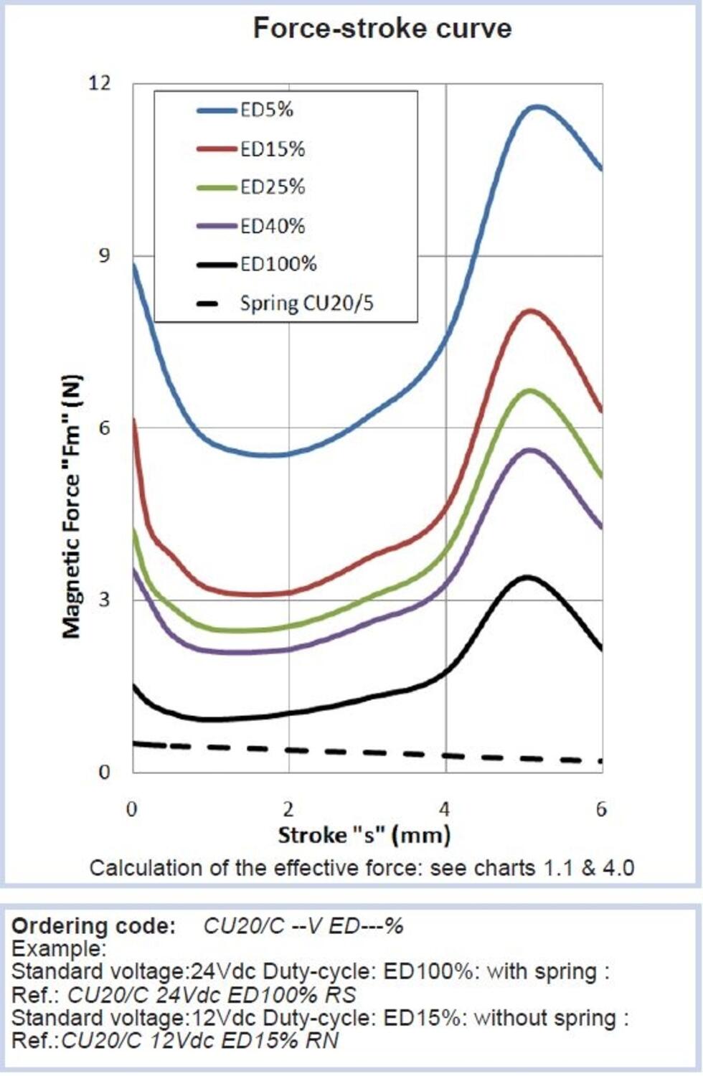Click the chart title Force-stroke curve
pyautogui.click(x=382, y=28)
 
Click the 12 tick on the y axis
pyautogui.click(x=100, y=83)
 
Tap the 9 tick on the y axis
pyautogui.click(x=105, y=255)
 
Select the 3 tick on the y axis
pyautogui.click(x=105, y=599)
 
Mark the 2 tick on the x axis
pyautogui.click(x=288, y=809)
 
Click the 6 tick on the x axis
pyautogui.click(x=601, y=809)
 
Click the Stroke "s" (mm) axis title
pyautogui.click(x=364, y=835)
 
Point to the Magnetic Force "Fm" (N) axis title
pyautogui.click(x=72, y=506)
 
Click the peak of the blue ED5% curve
pyautogui.click(x=537, y=107)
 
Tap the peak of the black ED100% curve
pyautogui.click(x=528, y=577)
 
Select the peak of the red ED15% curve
pyautogui.click(x=531, y=311)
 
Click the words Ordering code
pyautogui.click(x=93, y=926)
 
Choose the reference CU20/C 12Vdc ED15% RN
pyautogui.click(x=200, y=1041)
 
